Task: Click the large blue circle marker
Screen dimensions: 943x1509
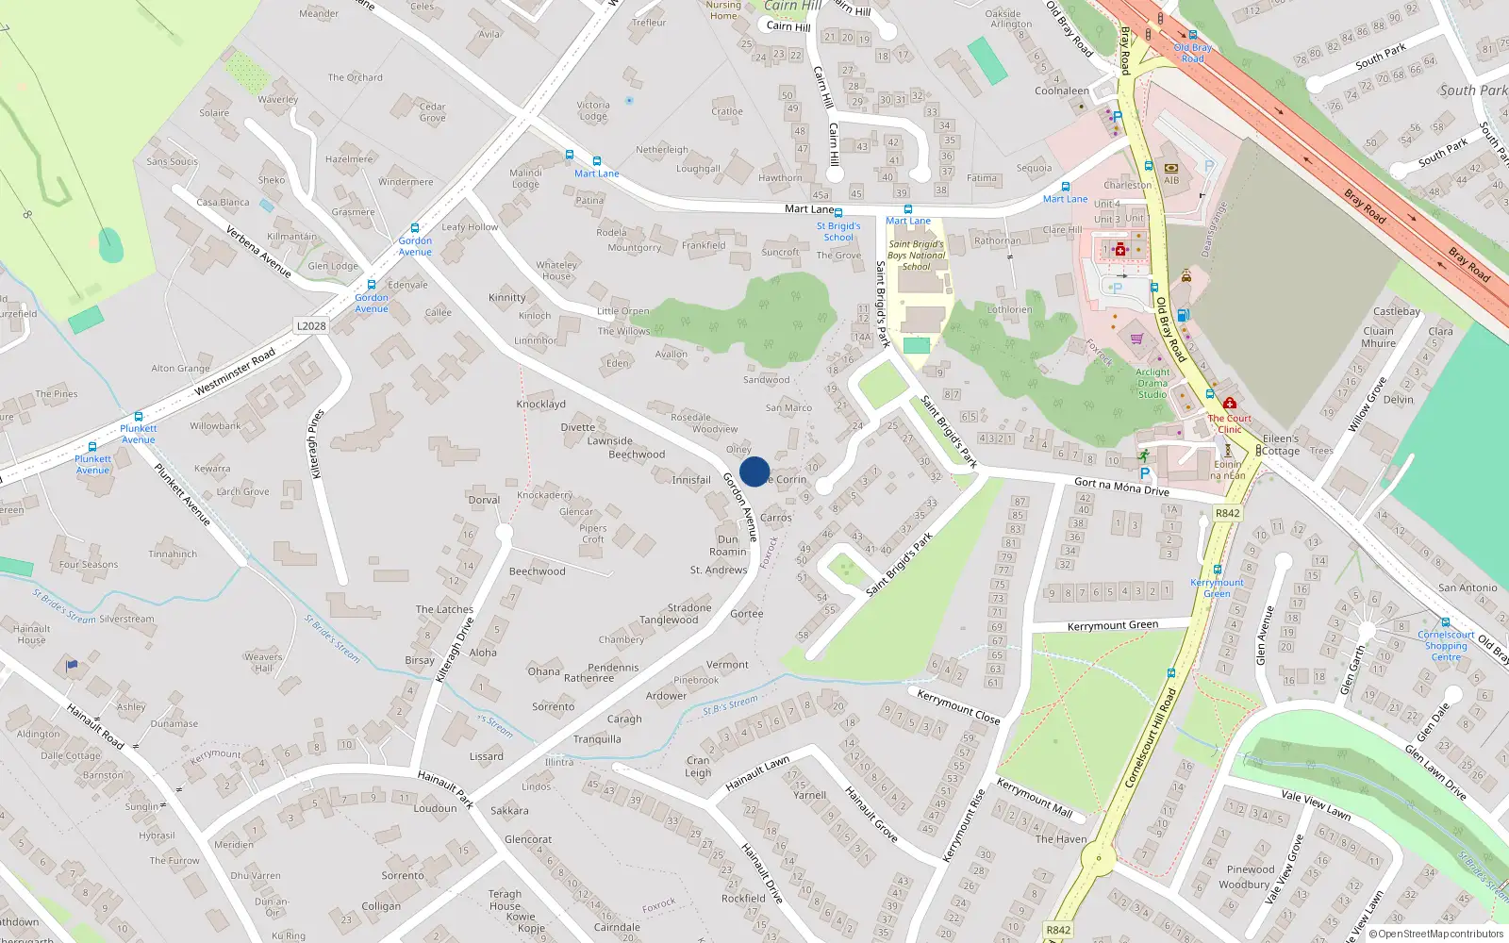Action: pos(754,471)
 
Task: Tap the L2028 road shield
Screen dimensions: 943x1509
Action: pos(311,326)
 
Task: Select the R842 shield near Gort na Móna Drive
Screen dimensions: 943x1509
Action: pos(1227,514)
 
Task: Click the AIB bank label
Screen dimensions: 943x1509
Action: pos(1171,180)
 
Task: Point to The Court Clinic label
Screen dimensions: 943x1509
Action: pos(1230,423)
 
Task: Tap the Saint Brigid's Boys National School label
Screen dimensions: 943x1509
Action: pos(916,256)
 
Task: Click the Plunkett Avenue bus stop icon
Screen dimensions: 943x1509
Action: pos(139,417)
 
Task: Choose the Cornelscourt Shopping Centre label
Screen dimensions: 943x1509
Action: pos(1446,646)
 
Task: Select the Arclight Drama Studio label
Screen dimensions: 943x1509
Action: pos(1152,383)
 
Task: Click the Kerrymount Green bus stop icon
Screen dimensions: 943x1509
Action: pos(1217,570)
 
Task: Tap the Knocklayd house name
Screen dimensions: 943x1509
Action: pos(540,405)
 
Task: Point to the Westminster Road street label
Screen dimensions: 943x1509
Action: pos(235,372)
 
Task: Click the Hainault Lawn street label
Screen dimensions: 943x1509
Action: pos(757,774)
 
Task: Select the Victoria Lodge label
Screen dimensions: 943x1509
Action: pos(593,111)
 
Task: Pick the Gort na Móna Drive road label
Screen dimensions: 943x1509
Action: pos(1121,487)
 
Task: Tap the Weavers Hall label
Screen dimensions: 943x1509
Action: pos(263,662)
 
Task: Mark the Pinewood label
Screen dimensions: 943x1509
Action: pos(1251,869)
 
